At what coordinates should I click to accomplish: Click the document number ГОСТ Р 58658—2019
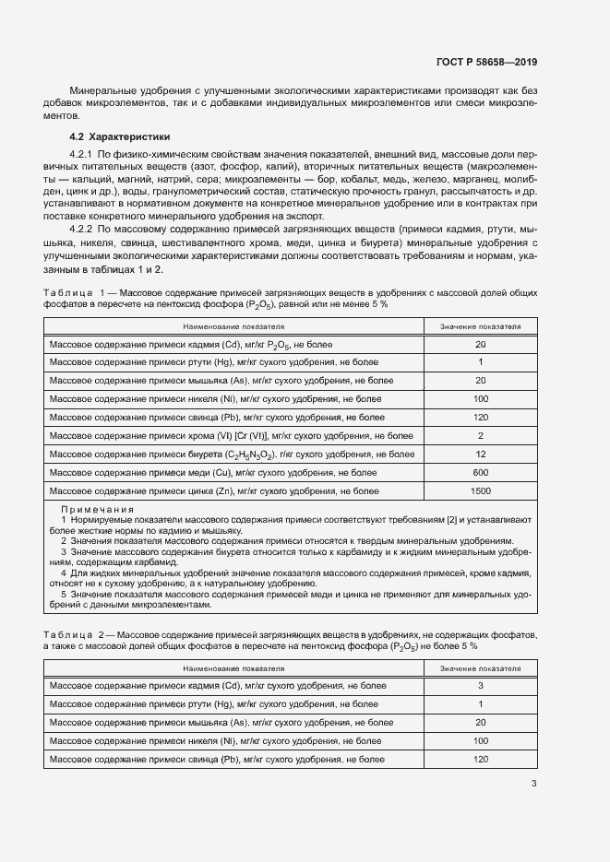(x=485, y=63)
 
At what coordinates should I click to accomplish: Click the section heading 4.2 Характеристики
(x=114, y=136)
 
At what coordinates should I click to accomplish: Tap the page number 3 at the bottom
(x=533, y=785)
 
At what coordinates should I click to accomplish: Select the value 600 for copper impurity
(x=480, y=472)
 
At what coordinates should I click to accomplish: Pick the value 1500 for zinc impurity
(x=480, y=490)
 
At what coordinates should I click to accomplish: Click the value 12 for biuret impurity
(x=480, y=454)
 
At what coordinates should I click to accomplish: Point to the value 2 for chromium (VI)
(x=480, y=435)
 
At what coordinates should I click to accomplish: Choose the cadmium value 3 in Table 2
(x=480, y=685)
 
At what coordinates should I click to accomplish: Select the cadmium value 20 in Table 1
(x=480, y=344)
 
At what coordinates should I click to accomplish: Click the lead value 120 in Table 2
(x=480, y=759)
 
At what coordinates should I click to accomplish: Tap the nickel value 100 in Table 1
(x=480, y=398)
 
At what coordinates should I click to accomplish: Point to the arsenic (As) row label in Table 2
(x=213, y=722)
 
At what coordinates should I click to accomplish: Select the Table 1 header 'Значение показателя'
(x=480, y=326)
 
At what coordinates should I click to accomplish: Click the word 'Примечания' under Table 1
(x=97, y=509)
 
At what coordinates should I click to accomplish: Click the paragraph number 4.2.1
(x=82, y=152)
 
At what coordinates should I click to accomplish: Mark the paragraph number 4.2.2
(x=82, y=224)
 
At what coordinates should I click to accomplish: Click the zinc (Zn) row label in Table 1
(x=213, y=490)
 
